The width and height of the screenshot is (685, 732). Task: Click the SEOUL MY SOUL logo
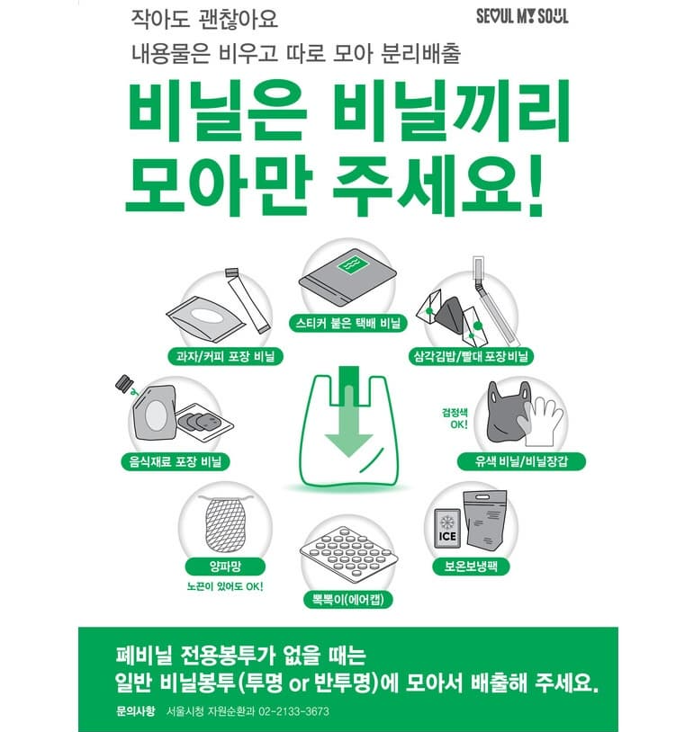pos(522,16)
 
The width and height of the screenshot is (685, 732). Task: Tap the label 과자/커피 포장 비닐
pos(221,356)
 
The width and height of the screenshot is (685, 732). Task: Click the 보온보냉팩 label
pos(471,567)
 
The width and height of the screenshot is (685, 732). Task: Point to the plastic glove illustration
pos(538,415)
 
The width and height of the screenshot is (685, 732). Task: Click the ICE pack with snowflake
pos(447,531)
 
